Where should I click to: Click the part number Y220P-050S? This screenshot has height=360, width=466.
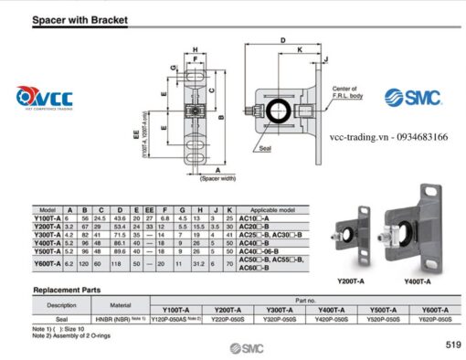[x=229, y=320]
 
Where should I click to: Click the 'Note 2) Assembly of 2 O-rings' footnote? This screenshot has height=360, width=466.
[x=72, y=335]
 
